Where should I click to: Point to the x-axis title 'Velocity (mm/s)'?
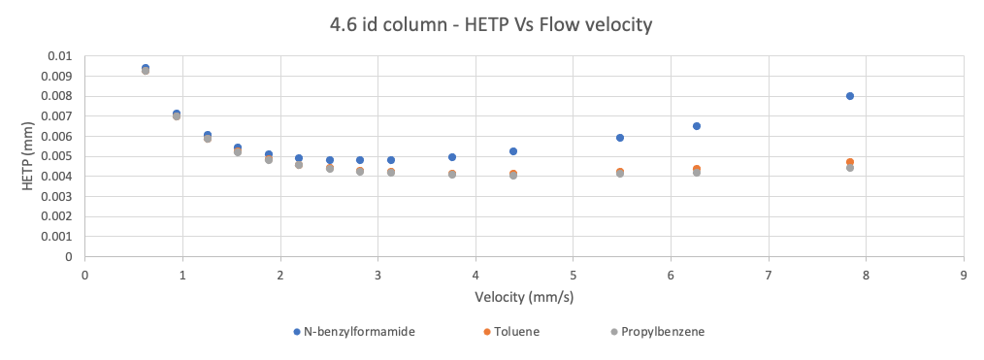(524, 297)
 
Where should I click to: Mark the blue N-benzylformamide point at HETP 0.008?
(849, 96)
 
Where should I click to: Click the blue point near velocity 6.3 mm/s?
(697, 126)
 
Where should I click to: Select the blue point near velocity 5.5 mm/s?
(620, 138)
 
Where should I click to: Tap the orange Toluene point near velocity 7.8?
(849, 161)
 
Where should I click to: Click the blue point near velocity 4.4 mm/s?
(513, 151)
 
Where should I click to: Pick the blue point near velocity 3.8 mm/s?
(452, 157)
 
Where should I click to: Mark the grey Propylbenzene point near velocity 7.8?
(849, 168)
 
